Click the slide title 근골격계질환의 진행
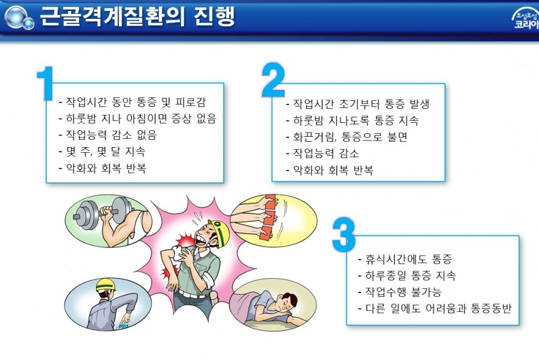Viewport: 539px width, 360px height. [x=137, y=16]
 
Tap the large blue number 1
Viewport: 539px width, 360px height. [x=46, y=83]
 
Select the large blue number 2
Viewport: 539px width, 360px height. [x=273, y=80]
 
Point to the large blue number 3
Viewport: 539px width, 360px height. [x=344, y=235]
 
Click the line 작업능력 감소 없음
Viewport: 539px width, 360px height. [x=108, y=135]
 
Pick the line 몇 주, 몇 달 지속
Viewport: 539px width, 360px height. [x=102, y=151]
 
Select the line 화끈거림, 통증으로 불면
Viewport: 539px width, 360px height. [x=346, y=137]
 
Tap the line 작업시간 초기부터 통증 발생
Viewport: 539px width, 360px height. [x=357, y=104]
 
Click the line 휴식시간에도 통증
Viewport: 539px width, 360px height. [x=405, y=259]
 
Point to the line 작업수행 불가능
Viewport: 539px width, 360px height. [x=399, y=292]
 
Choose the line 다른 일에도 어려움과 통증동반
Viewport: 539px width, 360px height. [x=435, y=308]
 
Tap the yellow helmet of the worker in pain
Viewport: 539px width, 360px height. [x=220, y=232]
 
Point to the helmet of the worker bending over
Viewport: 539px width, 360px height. [x=106, y=285]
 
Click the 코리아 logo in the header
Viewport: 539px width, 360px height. [x=525, y=19]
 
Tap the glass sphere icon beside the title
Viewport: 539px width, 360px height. [x=19, y=17]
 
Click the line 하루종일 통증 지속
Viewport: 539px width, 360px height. [x=407, y=275]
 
